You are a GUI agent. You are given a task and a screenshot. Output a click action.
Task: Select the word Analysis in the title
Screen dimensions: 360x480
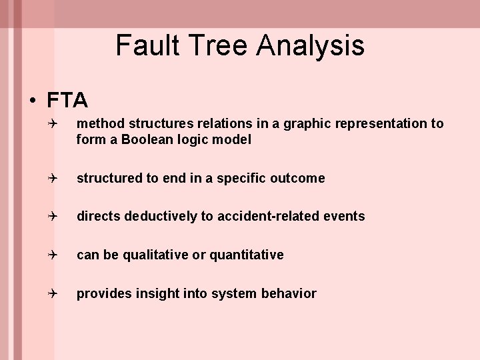click(311, 45)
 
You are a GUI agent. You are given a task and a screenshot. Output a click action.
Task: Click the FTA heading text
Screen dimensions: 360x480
click(67, 100)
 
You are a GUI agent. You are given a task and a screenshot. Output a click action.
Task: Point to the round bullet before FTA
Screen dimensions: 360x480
click(32, 101)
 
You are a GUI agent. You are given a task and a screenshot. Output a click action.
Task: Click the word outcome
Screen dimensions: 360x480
click(298, 178)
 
